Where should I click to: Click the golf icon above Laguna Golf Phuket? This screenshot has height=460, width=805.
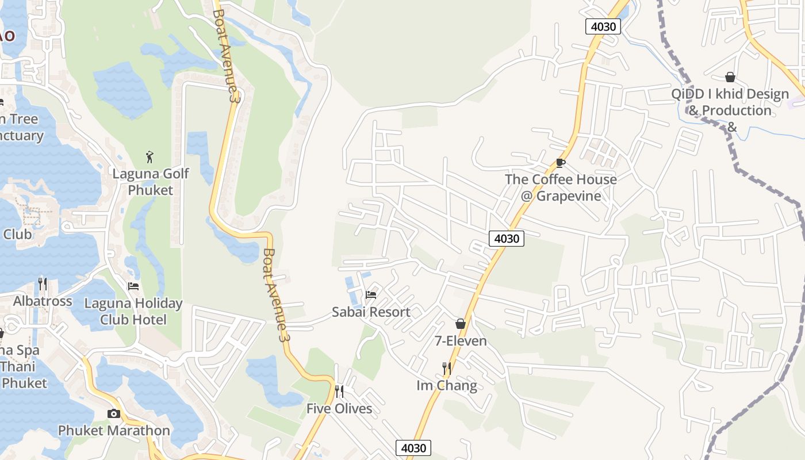(x=150, y=156)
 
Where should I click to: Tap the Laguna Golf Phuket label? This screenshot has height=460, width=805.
(x=150, y=182)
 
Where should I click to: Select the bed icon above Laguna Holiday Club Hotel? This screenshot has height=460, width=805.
(x=133, y=286)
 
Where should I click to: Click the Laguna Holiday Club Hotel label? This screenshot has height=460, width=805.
(x=133, y=311)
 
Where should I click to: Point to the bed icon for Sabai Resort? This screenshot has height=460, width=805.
(x=371, y=295)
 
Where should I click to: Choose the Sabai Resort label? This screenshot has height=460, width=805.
(x=371, y=312)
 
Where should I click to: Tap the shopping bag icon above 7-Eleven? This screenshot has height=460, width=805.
(x=460, y=324)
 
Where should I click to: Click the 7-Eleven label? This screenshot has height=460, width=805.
(x=460, y=341)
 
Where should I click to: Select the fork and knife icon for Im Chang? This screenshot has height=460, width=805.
(x=446, y=368)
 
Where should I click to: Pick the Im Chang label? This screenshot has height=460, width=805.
(x=446, y=385)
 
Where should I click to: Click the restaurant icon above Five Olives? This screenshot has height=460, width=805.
(x=339, y=392)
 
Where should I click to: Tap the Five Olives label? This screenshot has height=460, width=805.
(x=339, y=409)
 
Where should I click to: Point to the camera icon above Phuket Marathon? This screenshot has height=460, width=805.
(x=114, y=413)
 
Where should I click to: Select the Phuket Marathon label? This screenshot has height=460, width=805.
(x=114, y=430)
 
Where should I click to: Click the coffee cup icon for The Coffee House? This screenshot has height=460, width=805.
(x=561, y=163)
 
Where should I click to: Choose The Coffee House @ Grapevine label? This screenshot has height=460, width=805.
(x=561, y=187)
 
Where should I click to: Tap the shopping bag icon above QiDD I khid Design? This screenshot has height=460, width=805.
(x=730, y=77)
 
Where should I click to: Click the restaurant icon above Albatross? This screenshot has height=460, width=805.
(x=43, y=283)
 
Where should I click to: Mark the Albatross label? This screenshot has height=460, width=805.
(x=43, y=301)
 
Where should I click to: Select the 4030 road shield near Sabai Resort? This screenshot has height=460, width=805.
(x=507, y=238)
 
